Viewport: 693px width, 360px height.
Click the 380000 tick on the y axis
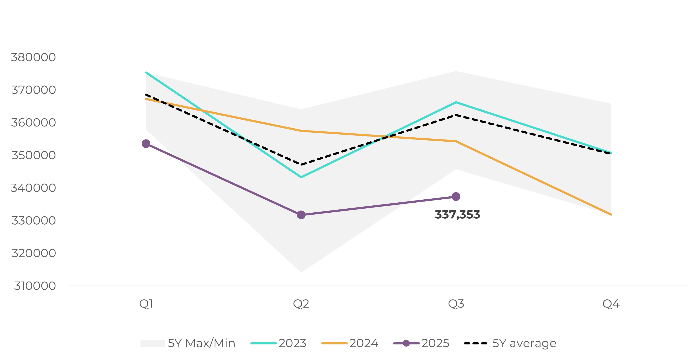coord(33,57)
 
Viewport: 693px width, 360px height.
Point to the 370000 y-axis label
coord(33,90)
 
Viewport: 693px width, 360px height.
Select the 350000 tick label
coord(33,155)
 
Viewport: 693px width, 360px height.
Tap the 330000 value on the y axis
coord(33,221)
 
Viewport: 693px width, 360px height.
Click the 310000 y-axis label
coord(35,286)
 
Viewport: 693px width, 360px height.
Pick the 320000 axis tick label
coord(33,253)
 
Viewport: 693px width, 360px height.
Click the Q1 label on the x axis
coord(146,304)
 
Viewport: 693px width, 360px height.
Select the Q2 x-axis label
coord(301,304)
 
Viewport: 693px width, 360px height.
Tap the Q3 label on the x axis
coord(456,304)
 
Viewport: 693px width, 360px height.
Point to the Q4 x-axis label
coord(611,304)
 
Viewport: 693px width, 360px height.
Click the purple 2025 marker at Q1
coord(146,144)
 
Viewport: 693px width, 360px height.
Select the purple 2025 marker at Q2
coord(301,215)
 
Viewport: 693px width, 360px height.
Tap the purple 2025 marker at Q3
coord(456,197)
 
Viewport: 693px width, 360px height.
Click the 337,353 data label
coord(457,215)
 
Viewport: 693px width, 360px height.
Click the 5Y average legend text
coord(524,343)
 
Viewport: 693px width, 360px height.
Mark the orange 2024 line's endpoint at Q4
coord(611,214)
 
